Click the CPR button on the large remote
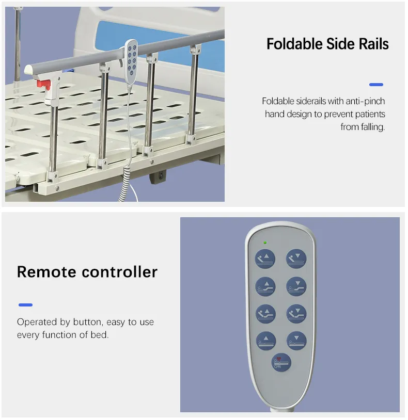tap(281, 363)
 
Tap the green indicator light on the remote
tap(265, 242)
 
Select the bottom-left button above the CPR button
tap(266, 341)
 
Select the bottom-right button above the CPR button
tap(296, 341)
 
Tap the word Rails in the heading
tap(371, 44)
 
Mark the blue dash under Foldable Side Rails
tap(376, 85)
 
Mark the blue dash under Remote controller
tap(25, 305)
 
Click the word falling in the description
tap(372, 127)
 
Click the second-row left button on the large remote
tap(266, 285)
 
